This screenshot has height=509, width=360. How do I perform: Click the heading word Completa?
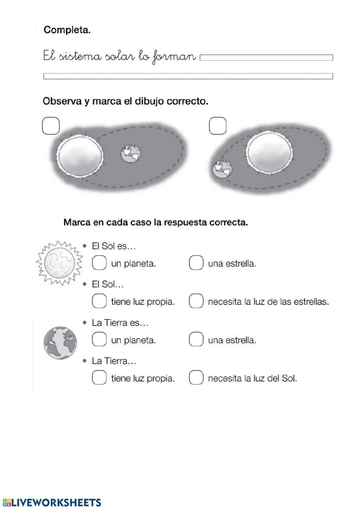(x=67, y=30)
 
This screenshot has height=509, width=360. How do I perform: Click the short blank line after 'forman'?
(x=266, y=58)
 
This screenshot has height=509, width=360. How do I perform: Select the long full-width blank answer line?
(x=188, y=76)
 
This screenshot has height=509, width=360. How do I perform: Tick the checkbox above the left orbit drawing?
(x=51, y=126)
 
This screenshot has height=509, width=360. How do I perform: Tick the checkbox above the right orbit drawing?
(x=218, y=126)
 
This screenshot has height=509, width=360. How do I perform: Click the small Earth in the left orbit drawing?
(x=131, y=154)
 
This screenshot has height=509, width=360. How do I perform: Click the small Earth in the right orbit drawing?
(x=222, y=169)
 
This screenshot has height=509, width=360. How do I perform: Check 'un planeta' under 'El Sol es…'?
(x=99, y=263)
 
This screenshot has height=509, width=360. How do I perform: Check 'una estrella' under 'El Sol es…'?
(x=196, y=263)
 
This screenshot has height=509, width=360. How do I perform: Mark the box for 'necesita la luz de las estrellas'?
(x=196, y=301)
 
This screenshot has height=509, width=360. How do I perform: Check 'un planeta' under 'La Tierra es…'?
(x=99, y=339)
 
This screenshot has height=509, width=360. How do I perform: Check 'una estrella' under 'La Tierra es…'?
(x=196, y=339)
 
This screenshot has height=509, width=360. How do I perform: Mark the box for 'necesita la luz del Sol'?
(x=196, y=378)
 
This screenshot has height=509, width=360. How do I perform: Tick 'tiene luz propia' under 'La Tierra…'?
(x=99, y=378)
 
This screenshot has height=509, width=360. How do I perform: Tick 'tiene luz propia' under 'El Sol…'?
(x=99, y=301)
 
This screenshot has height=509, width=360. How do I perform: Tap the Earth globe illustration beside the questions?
(x=60, y=343)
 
